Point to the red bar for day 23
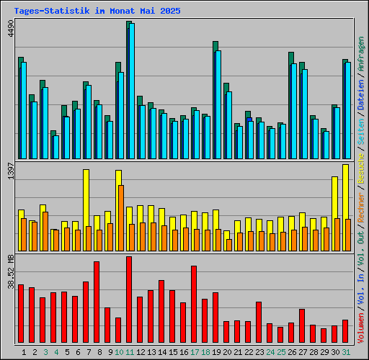[259, 323]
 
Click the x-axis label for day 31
[346, 352]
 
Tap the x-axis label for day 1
[25, 352]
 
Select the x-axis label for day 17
[195, 352]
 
